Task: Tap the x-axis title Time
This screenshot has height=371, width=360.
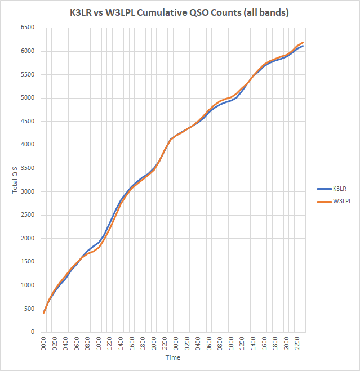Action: coord(174,357)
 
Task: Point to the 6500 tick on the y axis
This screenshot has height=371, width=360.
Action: coord(26,28)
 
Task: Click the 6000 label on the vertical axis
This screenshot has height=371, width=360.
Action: coord(26,51)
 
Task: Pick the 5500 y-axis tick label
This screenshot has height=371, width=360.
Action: coord(26,74)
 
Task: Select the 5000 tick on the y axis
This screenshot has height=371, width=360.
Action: coord(26,98)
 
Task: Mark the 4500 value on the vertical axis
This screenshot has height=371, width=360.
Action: coord(26,121)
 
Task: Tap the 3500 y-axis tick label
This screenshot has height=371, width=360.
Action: coord(26,168)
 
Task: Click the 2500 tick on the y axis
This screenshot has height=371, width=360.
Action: coord(26,215)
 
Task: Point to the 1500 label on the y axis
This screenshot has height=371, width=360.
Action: coord(26,262)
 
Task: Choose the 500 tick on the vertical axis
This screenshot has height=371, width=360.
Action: coord(28,309)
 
